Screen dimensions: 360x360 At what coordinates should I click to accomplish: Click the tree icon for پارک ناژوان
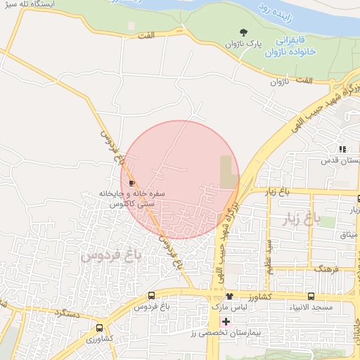[x=244, y=32]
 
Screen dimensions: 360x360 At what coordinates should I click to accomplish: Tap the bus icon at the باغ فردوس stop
[x=152, y=297]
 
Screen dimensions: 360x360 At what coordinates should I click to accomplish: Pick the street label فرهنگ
[x=326, y=269]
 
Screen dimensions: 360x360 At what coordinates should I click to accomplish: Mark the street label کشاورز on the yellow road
[x=259, y=297]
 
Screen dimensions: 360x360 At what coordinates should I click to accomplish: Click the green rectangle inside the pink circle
[x=229, y=172]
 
